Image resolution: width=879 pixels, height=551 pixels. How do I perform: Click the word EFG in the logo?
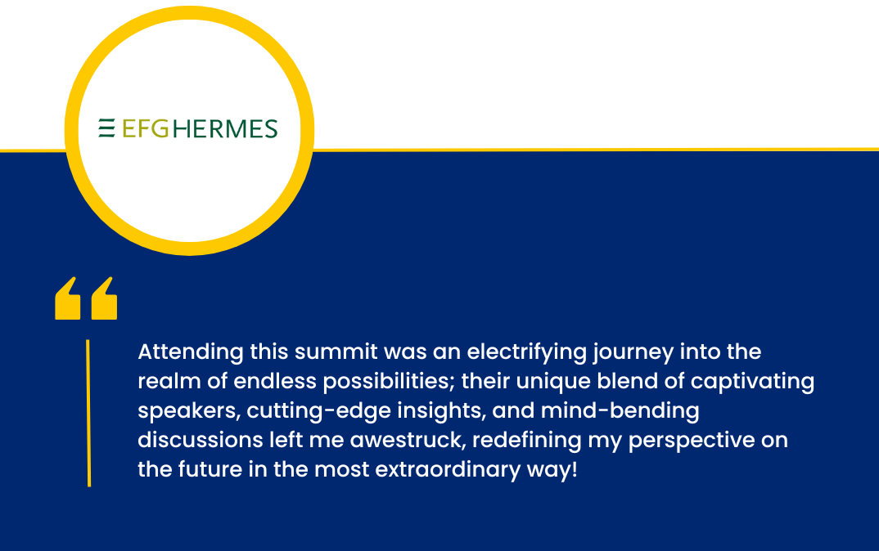(x=145, y=129)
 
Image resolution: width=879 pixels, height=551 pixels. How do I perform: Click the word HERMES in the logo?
(x=225, y=129)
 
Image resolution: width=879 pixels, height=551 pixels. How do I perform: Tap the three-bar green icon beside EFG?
(x=106, y=128)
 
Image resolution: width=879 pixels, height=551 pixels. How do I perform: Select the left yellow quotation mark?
(x=68, y=298)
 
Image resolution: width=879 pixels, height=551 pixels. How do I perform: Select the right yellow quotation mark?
(x=104, y=298)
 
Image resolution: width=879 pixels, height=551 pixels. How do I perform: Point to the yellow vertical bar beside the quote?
(x=88, y=413)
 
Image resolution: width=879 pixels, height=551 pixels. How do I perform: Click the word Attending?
(x=191, y=353)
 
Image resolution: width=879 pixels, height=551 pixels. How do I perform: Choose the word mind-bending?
(x=620, y=411)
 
